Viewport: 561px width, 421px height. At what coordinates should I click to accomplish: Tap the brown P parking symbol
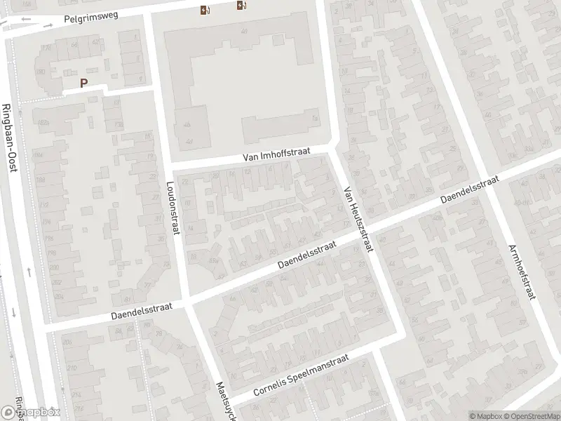pos(84,83)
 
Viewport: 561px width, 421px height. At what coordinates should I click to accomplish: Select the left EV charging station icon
pos(203,10)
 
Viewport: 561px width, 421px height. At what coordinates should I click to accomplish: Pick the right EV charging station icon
pos(241,6)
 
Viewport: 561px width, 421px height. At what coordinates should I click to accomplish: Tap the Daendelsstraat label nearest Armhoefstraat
pos(469,191)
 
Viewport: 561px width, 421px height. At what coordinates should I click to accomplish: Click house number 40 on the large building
pos(243,32)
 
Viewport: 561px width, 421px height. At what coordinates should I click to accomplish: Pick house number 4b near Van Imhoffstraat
pos(187,125)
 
